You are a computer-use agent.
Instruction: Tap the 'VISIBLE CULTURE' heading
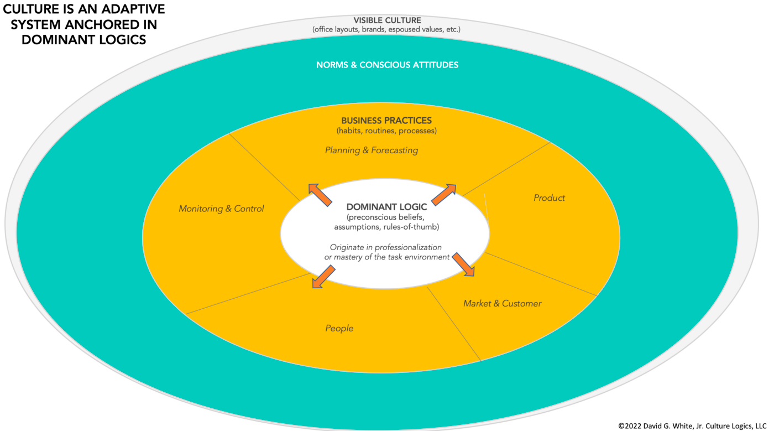tap(387, 20)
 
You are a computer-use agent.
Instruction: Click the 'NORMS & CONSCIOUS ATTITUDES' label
tap(387, 65)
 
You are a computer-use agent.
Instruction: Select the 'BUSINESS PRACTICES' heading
tap(386, 121)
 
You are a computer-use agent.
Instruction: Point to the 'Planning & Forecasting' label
tap(372, 150)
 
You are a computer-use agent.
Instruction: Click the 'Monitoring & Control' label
tap(221, 209)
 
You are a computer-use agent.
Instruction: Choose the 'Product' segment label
tap(549, 198)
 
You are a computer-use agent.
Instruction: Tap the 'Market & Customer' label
tap(502, 303)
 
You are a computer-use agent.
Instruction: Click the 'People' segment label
tap(339, 328)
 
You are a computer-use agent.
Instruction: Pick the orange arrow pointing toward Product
tap(444, 195)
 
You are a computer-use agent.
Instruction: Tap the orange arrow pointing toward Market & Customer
tap(463, 264)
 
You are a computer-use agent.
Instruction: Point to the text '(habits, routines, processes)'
tap(386, 131)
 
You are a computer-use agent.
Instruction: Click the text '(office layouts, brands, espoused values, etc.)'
tap(386, 29)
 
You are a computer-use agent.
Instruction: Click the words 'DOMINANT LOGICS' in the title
tap(84, 39)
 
